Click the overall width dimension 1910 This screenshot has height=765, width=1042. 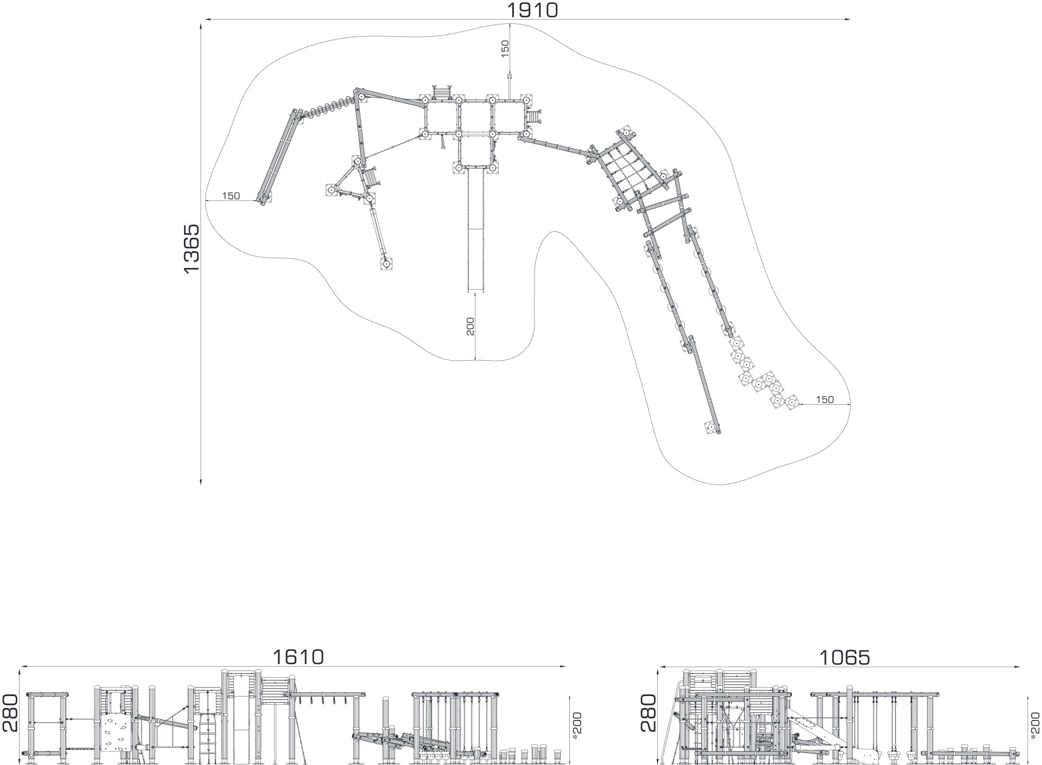532,9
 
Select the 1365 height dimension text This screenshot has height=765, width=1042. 192,249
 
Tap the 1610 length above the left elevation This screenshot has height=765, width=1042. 298,657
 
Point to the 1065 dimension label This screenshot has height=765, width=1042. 844,658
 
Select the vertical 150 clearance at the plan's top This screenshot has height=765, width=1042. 505,49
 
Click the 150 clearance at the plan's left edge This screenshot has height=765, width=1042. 231,196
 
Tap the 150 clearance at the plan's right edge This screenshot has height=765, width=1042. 824,400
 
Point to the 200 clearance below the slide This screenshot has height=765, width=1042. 471,326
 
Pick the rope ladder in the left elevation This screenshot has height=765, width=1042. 207,740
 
